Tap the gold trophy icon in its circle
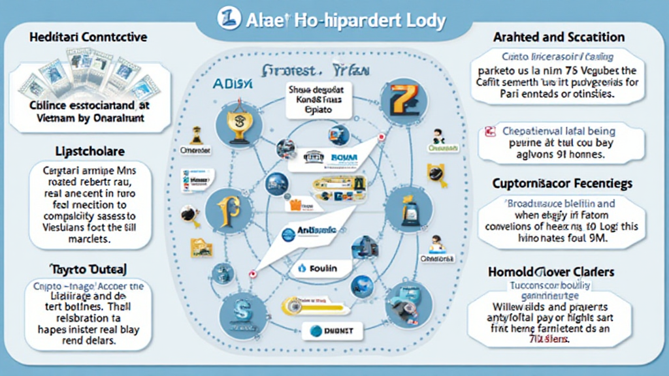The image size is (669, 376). tap(235, 123)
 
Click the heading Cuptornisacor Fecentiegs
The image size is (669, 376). tap(563, 184)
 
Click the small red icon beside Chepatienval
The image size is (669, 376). tap(489, 132)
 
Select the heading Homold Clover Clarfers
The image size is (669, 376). tap(562, 271)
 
